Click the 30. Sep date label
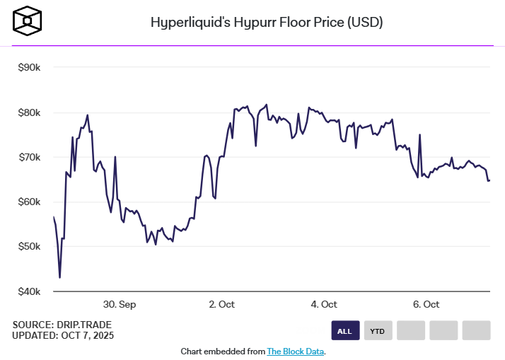pos(120,304)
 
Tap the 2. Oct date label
pos(221,304)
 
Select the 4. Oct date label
pos(324,304)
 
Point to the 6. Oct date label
pos(426,304)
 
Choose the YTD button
pos(378,330)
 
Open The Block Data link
pos(296,352)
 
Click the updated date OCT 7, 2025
pos(86,335)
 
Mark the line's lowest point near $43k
pos(59,277)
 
